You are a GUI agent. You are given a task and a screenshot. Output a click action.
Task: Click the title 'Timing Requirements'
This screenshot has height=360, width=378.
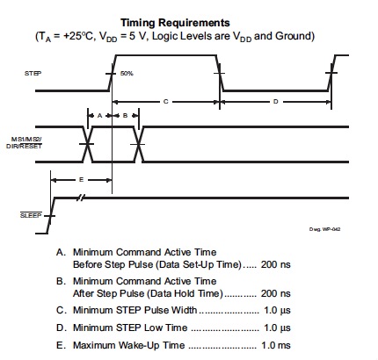tap(175, 23)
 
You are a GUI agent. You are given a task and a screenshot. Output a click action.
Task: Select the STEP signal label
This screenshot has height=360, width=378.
tap(33, 73)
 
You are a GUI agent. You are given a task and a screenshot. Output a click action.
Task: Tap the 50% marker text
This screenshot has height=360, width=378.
tap(127, 73)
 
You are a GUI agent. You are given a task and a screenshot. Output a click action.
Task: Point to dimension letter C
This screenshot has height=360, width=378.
tap(165, 102)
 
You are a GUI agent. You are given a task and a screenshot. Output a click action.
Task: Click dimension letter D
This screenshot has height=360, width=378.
tap(275, 102)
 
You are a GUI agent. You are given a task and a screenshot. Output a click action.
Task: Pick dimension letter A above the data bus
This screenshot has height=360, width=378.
tap(99, 116)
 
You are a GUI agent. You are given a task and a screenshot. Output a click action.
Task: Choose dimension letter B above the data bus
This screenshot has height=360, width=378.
tap(125, 116)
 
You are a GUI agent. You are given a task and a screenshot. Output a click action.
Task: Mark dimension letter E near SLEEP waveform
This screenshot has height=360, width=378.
tap(82, 179)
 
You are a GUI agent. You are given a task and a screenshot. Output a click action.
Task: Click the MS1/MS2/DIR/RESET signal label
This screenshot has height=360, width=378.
tap(24, 142)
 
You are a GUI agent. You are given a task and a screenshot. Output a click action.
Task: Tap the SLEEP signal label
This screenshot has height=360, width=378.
tap(31, 215)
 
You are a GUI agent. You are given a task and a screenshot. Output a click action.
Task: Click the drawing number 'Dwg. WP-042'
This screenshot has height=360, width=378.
tap(324, 229)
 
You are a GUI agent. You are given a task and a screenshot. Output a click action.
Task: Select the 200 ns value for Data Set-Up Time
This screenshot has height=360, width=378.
tap(275, 264)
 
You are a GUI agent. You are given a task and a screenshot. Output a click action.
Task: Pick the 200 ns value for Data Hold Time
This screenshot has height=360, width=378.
tap(275, 293)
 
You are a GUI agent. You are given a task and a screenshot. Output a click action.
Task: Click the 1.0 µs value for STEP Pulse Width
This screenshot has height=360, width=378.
tap(277, 310)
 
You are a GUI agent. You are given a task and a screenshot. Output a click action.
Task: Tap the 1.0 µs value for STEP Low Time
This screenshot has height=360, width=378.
tap(277, 328)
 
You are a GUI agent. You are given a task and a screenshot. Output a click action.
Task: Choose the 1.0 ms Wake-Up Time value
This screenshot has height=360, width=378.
tap(276, 345)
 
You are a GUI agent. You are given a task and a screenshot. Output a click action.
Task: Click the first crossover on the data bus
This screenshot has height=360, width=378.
tap(87, 144)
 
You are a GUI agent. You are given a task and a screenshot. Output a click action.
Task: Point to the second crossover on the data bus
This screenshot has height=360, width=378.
tap(138, 144)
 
